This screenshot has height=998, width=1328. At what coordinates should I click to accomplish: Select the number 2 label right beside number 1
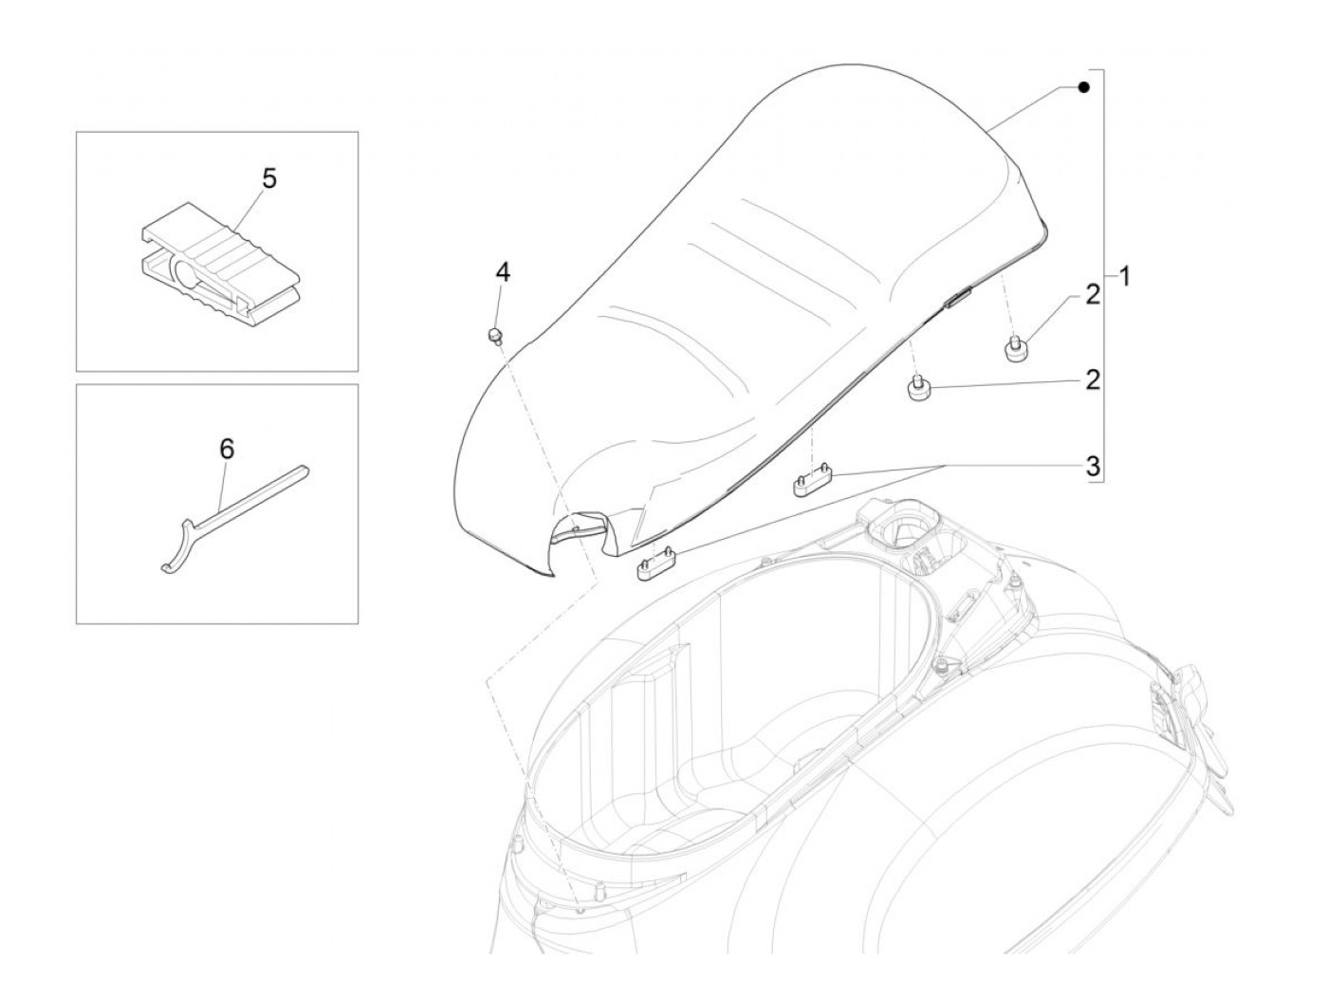pos(1093,295)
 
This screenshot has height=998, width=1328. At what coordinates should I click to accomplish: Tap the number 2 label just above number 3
pos(1093,379)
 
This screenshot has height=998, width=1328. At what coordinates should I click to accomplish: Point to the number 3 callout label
pos(1093,465)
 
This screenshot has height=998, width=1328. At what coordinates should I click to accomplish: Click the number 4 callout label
pos(503,273)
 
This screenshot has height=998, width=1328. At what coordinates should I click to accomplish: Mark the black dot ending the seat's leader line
pos(1084,87)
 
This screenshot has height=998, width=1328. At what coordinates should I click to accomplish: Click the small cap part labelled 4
pos(494,335)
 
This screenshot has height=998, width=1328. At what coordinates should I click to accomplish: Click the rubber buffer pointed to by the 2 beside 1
pos(1016,348)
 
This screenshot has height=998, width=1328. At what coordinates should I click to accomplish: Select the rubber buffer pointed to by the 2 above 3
pos(918,389)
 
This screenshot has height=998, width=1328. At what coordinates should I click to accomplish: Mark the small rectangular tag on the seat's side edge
pos(956,299)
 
